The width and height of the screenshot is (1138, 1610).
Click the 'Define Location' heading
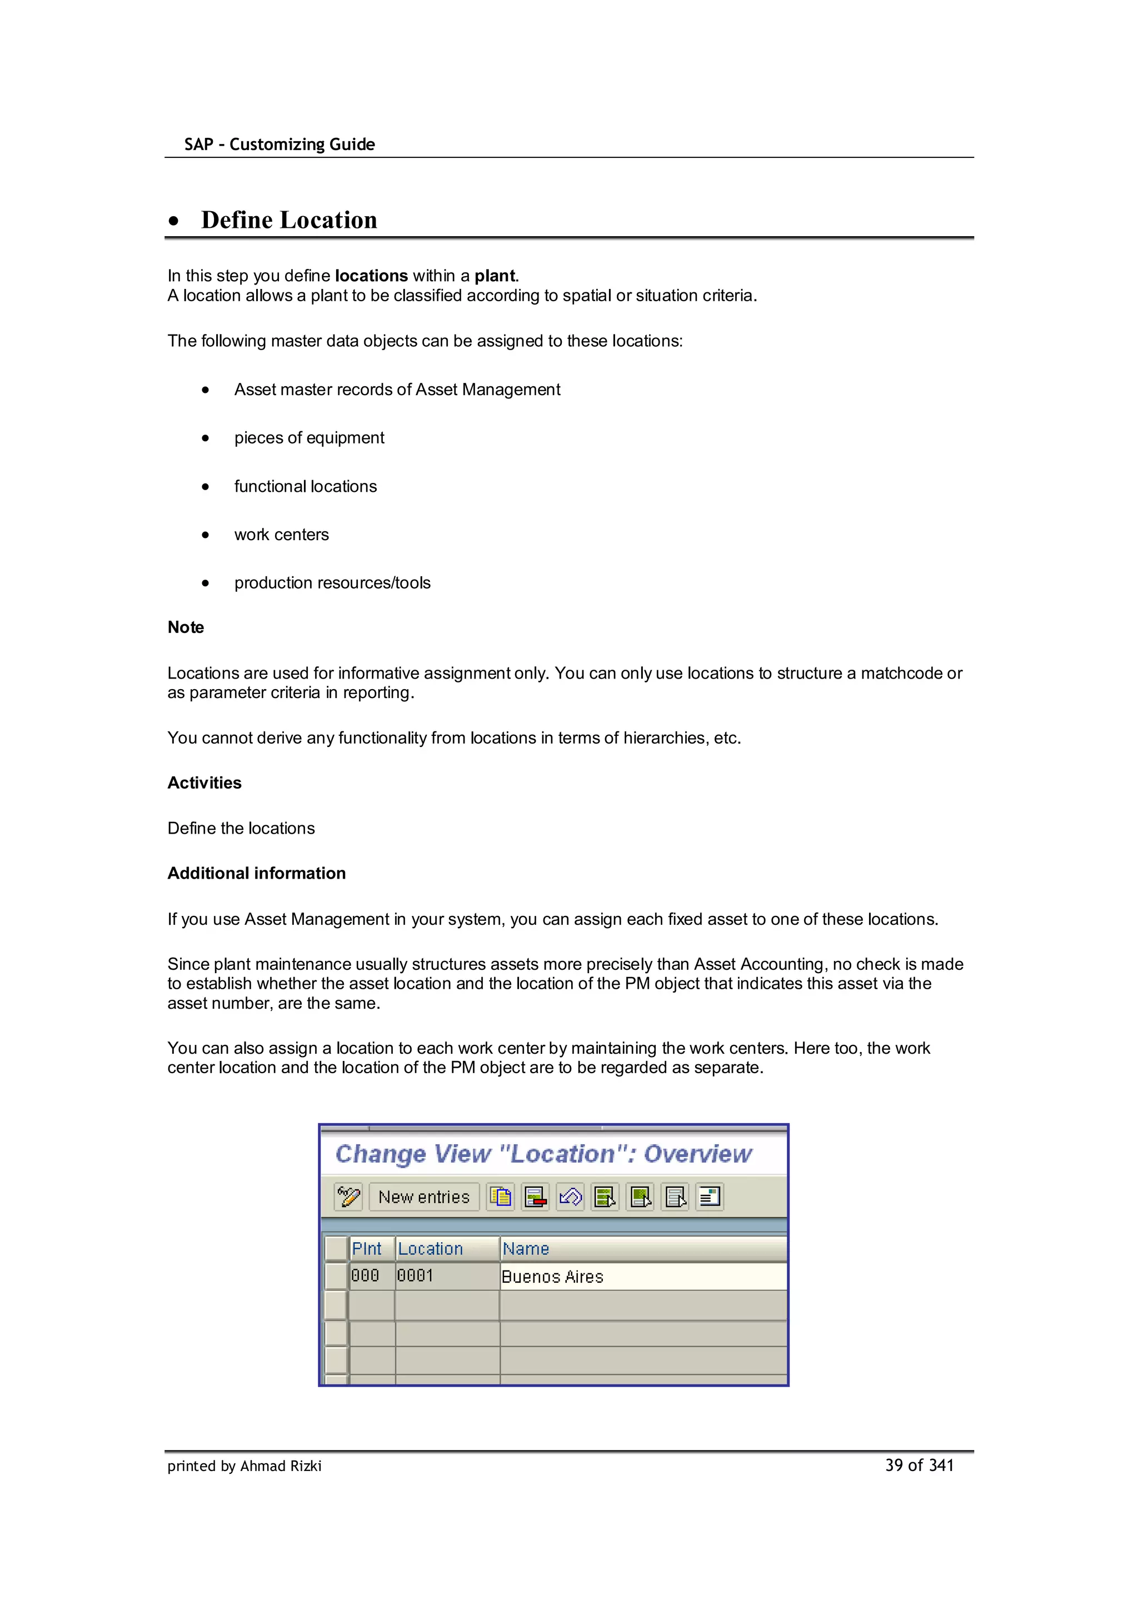288,220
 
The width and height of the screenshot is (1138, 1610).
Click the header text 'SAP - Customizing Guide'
279,144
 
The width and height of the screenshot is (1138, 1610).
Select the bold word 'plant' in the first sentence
495,276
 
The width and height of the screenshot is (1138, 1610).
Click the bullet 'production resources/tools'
332,583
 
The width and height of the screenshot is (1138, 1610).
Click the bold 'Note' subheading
185,627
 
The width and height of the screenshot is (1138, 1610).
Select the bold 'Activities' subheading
204,782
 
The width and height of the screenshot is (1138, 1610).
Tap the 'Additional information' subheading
256,873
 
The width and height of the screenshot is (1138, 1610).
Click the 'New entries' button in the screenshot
423,1197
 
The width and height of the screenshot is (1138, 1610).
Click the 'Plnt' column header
367,1249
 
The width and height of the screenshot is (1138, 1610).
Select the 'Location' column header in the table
430,1249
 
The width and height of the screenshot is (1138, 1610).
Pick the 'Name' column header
525,1249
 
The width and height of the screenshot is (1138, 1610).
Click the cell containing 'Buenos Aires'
552,1277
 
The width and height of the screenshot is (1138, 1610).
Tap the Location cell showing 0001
415,1276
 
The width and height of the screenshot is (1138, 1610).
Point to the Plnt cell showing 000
365,1276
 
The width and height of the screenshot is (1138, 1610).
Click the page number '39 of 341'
919,1465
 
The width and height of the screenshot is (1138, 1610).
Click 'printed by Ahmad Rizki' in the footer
244,1466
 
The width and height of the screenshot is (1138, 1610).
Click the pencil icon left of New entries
348,1197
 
